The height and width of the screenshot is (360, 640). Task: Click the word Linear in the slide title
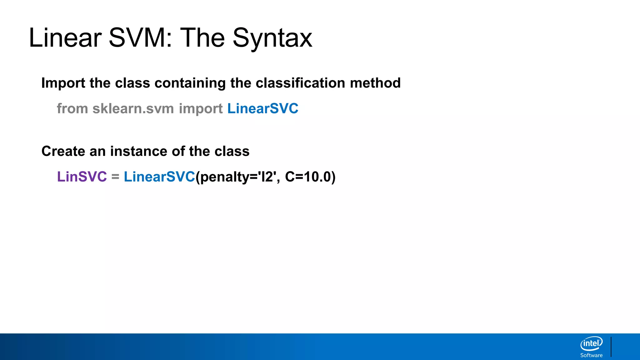point(65,38)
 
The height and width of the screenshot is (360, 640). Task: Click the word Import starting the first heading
point(63,83)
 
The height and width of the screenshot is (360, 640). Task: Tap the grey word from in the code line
point(72,109)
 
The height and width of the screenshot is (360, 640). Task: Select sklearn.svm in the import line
point(133,109)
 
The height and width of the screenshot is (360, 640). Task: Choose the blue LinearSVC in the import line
point(263,109)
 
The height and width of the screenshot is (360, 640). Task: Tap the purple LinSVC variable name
point(82,177)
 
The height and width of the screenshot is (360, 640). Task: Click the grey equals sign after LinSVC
point(115,177)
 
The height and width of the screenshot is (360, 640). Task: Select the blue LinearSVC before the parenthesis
point(159,177)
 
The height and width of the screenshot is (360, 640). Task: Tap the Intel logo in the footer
point(591,344)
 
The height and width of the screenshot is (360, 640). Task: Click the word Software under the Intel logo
point(591,355)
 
